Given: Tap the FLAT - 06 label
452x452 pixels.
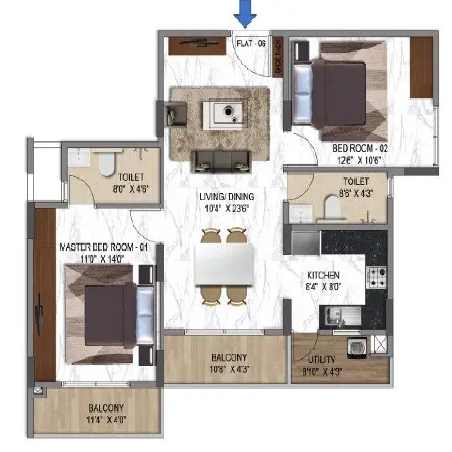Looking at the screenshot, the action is (x=251, y=43).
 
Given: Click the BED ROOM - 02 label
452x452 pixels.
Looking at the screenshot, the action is (x=360, y=148).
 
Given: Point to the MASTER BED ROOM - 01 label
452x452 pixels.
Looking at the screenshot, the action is (x=104, y=248).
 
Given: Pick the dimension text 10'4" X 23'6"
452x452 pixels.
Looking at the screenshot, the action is (x=227, y=208).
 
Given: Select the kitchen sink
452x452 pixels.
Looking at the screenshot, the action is (x=343, y=316).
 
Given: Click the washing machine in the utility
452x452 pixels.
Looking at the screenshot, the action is (x=357, y=347).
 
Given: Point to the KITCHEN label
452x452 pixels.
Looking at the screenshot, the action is (x=323, y=275).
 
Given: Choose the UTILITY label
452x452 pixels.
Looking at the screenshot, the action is (x=321, y=360).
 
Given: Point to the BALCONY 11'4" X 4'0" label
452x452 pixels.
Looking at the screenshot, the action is (x=106, y=414).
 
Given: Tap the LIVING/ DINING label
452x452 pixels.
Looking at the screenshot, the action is (x=227, y=196).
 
